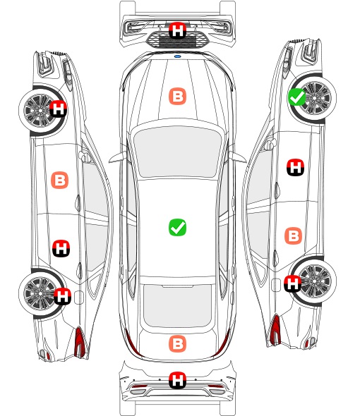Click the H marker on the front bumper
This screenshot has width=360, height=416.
pyautogui.click(x=177, y=30)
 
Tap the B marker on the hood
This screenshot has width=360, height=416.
pyautogui.click(x=177, y=96)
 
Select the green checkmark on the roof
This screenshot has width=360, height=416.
pyautogui.click(x=177, y=227)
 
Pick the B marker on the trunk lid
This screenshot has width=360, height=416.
pyautogui.click(x=177, y=344)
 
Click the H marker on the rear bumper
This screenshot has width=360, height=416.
pyautogui.click(x=177, y=381)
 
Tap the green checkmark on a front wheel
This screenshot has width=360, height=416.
pyautogui.click(x=296, y=97)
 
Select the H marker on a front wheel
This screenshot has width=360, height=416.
pyautogui.click(x=59, y=109)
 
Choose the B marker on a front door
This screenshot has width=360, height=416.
pyautogui.click(x=59, y=180)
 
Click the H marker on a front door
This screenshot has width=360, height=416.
pyautogui.click(x=296, y=167)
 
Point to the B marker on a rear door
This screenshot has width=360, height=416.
pyautogui.click(x=294, y=235)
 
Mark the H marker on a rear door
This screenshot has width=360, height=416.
pyautogui.click(x=61, y=248)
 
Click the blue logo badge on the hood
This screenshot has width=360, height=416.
pyautogui.click(x=177, y=56)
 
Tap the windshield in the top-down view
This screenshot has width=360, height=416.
pyautogui.click(x=177, y=152)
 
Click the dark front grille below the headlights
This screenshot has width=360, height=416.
pyautogui.click(x=177, y=39)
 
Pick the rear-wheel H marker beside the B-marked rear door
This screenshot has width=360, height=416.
pyautogui.click(x=292, y=283)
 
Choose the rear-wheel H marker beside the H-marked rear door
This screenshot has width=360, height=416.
pyautogui.click(x=62, y=296)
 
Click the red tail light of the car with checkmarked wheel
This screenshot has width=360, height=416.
pyautogui.click(x=275, y=330)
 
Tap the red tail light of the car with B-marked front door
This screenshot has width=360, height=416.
pyautogui.click(x=80, y=342)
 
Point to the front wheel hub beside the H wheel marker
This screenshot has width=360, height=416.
pyautogui.click(x=40, y=110)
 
